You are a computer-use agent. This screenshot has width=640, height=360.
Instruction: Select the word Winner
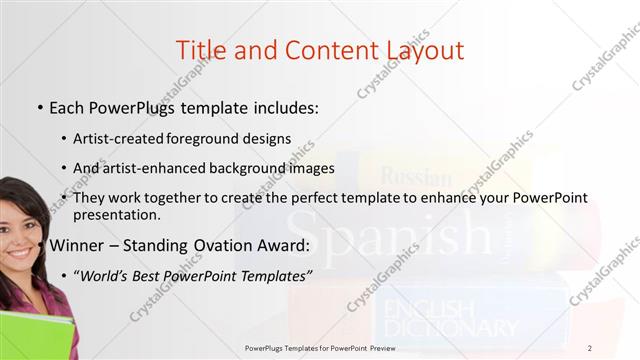click(x=79, y=245)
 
